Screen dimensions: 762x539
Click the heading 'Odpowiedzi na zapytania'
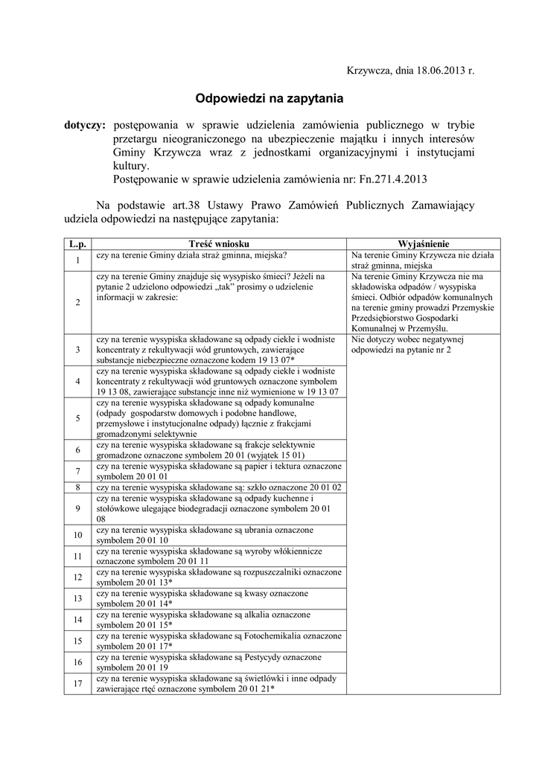(x=269, y=97)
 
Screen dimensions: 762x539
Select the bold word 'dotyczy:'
(x=85, y=125)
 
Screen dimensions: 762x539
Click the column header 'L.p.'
(x=77, y=243)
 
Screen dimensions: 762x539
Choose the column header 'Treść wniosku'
(x=219, y=243)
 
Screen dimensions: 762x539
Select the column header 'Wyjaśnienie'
(x=424, y=243)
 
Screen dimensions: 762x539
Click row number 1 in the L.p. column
(x=77, y=260)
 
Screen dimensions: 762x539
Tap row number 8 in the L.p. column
(x=77, y=487)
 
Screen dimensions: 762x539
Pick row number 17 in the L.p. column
(x=77, y=683)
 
